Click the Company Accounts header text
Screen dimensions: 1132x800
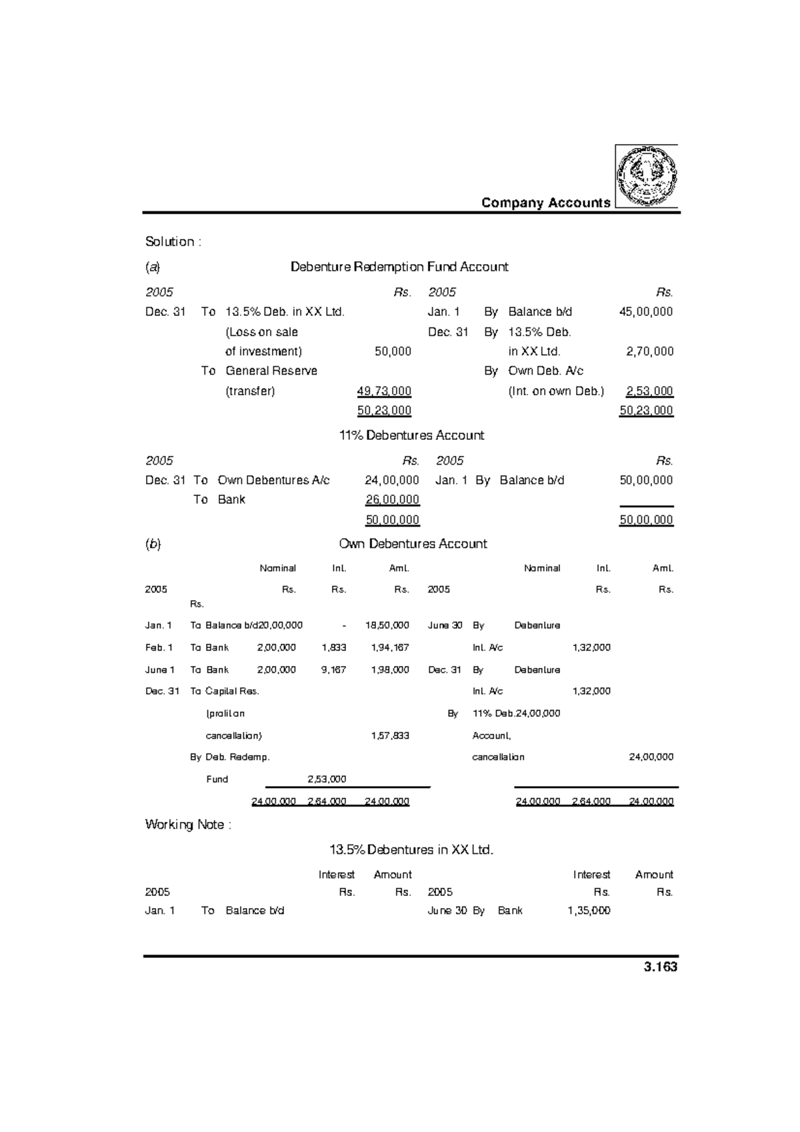[x=545, y=203]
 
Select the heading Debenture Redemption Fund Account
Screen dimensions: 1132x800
[x=399, y=267]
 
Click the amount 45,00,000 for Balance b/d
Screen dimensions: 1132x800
[x=646, y=311]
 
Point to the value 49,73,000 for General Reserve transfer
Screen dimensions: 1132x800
[x=384, y=391]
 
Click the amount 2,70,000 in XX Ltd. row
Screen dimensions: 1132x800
[x=649, y=351]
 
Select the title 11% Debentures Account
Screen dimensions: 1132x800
[x=411, y=435]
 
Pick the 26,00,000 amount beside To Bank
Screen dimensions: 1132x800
[x=392, y=499]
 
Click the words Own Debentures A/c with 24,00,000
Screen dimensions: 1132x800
[x=273, y=480]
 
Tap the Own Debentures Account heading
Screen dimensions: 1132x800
[x=413, y=543]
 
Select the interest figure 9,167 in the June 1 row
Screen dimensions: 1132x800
[x=333, y=669]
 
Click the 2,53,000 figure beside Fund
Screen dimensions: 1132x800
[x=326, y=779]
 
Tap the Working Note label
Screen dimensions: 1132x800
[x=188, y=825]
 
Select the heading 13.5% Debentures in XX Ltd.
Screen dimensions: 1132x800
[x=411, y=850]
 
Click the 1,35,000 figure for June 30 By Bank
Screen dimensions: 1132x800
[x=589, y=911]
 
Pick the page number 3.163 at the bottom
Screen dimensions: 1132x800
[x=661, y=967]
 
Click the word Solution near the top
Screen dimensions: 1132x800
[x=170, y=241]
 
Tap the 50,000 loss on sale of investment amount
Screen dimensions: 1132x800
[x=393, y=351]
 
